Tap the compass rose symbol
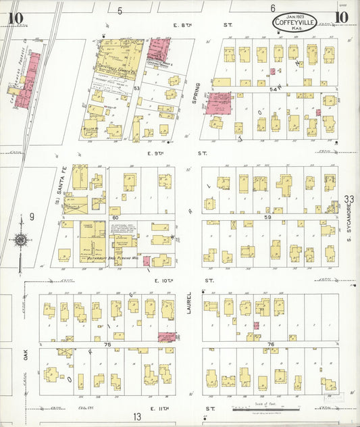click(21, 239)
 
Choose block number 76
click(269, 345)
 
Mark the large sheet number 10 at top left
click(16, 18)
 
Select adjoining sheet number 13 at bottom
click(137, 416)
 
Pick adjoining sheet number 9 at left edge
click(31, 217)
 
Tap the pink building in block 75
click(166, 336)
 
